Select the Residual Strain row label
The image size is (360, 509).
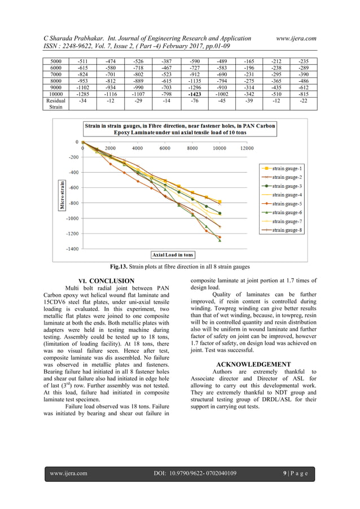[56, 104]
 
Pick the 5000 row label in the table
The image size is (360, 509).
[56, 60]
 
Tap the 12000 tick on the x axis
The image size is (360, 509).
[247, 148]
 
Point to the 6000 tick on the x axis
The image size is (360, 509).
[165, 148]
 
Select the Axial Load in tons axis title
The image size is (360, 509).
[172, 255]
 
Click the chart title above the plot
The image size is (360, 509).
[179, 129]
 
